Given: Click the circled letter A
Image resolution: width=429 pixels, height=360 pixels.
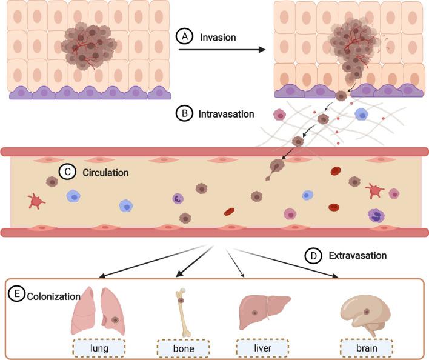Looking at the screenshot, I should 185,37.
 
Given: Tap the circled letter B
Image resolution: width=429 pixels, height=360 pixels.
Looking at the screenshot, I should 184,113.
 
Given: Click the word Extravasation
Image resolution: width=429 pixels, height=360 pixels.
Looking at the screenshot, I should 357,256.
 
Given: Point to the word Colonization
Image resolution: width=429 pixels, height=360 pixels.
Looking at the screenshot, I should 53,296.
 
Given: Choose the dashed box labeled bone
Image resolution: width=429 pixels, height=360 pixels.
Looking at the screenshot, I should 183,348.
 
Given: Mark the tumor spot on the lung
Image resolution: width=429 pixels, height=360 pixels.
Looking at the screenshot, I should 115,318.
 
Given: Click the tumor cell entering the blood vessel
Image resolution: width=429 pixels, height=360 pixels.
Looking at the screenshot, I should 276,165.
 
